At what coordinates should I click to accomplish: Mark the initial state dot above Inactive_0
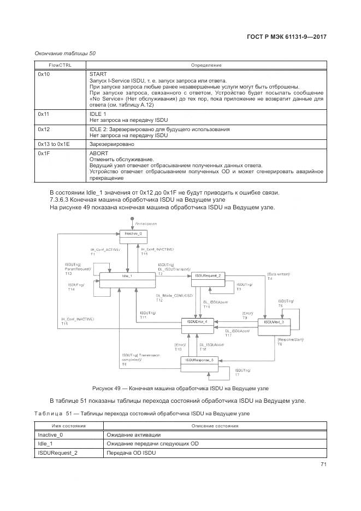(133, 219)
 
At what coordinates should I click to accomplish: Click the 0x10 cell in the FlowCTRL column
(44, 73)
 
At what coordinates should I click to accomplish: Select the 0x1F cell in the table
(44, 154)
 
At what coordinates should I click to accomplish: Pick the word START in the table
(98, 73)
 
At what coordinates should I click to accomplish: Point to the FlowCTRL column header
(60, 65)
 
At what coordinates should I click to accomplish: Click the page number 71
(323, 465)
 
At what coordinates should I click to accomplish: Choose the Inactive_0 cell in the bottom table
(50, 434)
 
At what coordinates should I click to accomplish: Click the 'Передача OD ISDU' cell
(131, 453)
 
